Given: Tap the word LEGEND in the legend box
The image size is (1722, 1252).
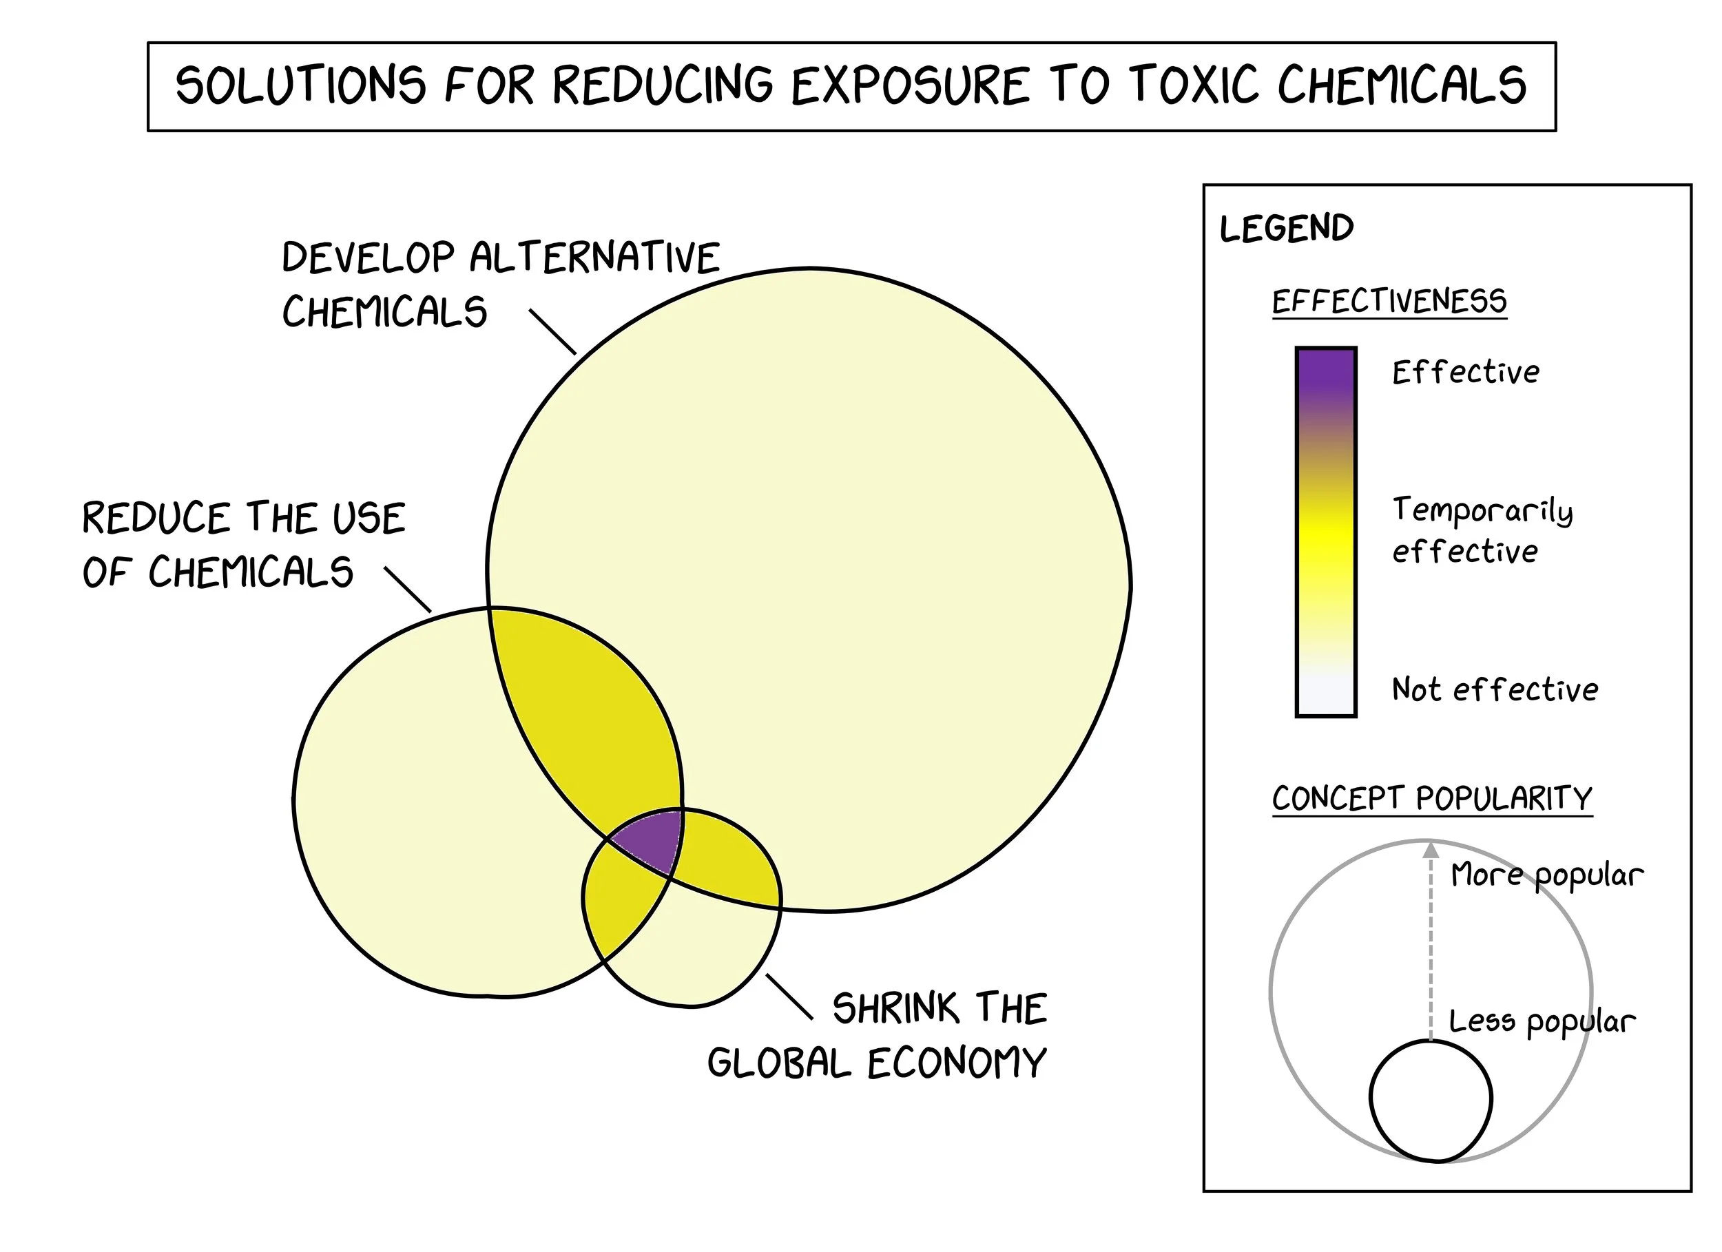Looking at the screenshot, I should tap(1286, 229).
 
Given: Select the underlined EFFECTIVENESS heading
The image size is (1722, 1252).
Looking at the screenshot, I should tap(1389, 302).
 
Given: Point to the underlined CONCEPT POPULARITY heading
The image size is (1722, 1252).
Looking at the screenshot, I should tap(1432, 799).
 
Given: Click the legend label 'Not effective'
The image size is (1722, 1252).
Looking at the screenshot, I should tap(1494, 689).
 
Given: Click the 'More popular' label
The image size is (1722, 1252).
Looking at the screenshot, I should tap(1546, 875).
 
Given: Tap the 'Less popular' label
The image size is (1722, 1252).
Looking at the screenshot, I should tap(1542, 1022).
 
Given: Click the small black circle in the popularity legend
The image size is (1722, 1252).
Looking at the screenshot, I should tap(1431, 1100).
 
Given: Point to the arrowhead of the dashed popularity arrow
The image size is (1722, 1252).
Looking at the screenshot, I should tap(1431, 850).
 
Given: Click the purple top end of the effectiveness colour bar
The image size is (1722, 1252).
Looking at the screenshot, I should tap(1326, 372).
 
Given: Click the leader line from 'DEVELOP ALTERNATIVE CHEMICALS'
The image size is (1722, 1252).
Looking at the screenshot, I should tap(552, 332).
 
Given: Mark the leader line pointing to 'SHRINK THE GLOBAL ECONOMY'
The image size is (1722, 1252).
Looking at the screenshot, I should tap(789, 996).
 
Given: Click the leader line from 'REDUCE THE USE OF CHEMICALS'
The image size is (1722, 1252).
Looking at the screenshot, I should tap(408, 590).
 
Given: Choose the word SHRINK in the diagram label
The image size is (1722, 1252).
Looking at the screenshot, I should tap(895, 1008).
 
